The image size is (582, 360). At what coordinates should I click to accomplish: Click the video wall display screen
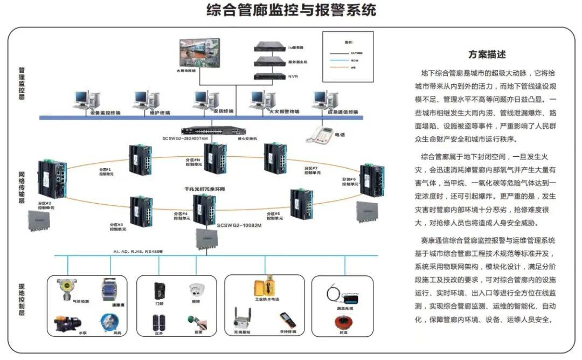click(200, 52)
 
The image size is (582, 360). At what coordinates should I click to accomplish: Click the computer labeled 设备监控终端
click(87, 100)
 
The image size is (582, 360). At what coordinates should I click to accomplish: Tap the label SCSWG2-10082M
click(239, 226)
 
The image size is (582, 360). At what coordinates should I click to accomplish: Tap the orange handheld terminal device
click(286, 320)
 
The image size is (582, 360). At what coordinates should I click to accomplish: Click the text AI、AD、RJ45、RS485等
click(138, 252)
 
